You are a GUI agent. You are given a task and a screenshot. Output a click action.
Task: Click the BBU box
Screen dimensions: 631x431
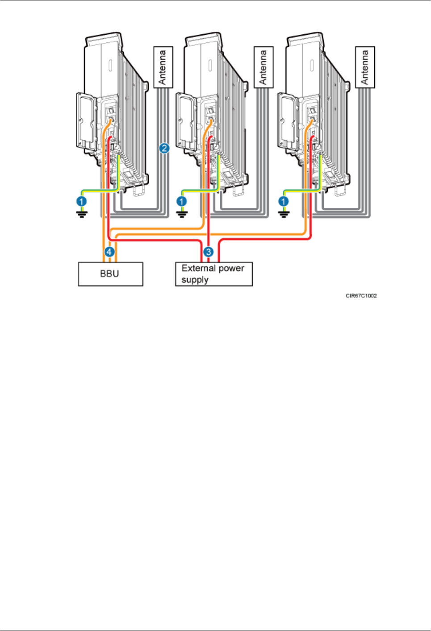click(x=110, y=274)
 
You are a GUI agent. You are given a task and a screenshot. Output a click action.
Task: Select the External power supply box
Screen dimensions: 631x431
click(x=213, y=274)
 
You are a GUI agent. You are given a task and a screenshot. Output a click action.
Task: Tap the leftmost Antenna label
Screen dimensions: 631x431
click(x=163, y=67)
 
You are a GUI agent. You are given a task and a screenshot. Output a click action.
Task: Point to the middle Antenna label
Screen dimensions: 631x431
click(x=264, y=67)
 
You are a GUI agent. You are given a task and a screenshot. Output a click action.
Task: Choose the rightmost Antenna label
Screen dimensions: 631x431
click(x=365, y=67)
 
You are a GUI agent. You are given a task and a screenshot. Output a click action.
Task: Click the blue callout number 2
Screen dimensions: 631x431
click(x=164, y=148)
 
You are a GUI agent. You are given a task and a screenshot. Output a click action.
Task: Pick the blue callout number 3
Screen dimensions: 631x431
click(x=208, y=252)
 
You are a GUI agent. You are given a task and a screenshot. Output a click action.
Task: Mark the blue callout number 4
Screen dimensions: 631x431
click(x=109, y=252)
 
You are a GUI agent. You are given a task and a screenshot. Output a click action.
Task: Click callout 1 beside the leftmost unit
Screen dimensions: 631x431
click(x=81, y=202)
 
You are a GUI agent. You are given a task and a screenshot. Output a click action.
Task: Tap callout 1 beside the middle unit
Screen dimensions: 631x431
click(x=182, y=202)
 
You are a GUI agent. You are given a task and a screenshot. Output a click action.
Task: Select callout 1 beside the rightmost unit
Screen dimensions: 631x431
click(x=284, y=202)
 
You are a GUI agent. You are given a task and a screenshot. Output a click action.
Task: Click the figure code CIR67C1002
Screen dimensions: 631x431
click(x=361, y=296)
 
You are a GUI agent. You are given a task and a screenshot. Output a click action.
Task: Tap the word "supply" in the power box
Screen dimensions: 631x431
click(x=195, y=280)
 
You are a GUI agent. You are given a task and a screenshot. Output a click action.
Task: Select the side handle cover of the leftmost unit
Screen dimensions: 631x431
click(x=86, y=120)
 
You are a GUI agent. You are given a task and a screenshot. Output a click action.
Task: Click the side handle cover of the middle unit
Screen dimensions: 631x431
click(x=186, y=120)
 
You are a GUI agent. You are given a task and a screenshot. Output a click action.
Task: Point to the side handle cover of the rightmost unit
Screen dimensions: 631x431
click(x=287, y=120)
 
